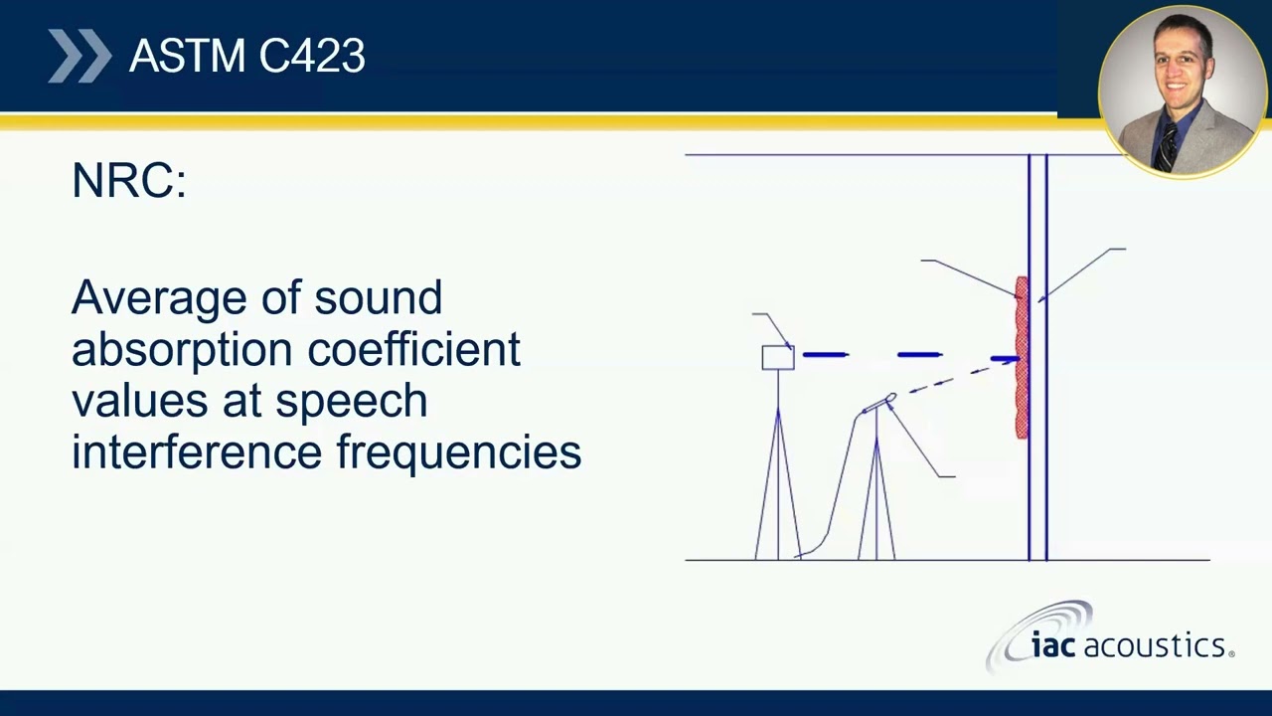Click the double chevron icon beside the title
pyautogui.click(x=79, y=56)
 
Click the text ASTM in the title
pyautogui.click(x=187, y=56)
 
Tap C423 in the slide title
pyautogui.click(x=312, y=56)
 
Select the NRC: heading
pyautogui.click(x=129, y=180)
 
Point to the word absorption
pyautogui.click(x=182, y=350)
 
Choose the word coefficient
pyautogui.click(x=414, y=348)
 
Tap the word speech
pyautogui.click(x=352, y=401)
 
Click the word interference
pyautogui.click(x=197, y=451)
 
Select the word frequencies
pyautogui.click(x=459, y=453)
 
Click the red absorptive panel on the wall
pyautogui.click(x=1022, y=357)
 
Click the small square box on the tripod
pyautogui.click(x=778, y=358)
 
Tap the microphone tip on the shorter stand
pyautogui.click(x=890, y=397)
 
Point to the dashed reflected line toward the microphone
pyautogui.click(x=959, y=376)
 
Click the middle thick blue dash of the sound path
pyautogui.click(x=920, y=355)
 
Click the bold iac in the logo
pyautogui.click(x=1052, y=646)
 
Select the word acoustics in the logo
pyautogui.click(x=1155, y=646)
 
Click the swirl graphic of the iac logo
pyautogui.click(x=1039, y=636)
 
